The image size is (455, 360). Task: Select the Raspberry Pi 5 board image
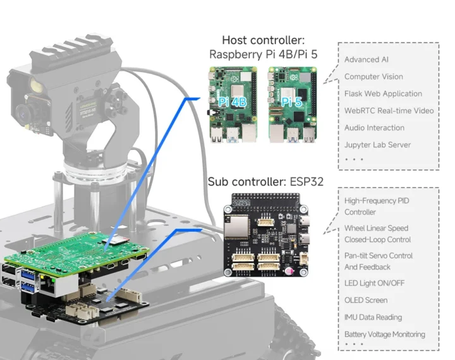(293, 105)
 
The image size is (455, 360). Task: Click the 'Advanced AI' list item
(366, 60)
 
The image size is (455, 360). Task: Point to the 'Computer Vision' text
(373, 76)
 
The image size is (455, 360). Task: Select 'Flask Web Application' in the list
(383, 93)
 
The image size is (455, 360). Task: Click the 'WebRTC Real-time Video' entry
(389, 111)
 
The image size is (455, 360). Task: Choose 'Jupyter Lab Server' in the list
(377, 145)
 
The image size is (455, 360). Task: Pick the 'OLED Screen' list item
(366, 300)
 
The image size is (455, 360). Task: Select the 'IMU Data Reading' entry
(373, 317)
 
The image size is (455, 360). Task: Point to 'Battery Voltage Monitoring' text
(384, 334)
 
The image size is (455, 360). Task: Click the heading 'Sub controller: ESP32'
(265, 182)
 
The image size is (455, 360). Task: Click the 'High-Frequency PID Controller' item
(377, 207)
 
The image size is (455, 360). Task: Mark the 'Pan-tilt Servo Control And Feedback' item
(378, 261)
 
